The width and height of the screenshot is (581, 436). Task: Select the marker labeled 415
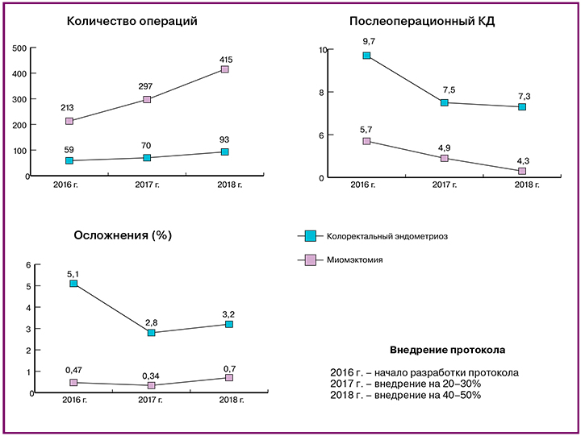[x=224, y=69]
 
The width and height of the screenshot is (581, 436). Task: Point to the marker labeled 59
[x=69, y=160]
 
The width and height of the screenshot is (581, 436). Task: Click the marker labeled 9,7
[x=366, y=56]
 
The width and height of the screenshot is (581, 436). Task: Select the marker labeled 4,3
[x=522, y=171]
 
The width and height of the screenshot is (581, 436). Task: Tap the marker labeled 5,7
[x=366, y=141]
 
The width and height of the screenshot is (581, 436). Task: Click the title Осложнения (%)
[x=123, y=235]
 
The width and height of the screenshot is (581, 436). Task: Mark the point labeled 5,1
[x=73, y=284]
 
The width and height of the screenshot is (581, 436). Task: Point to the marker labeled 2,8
[x=151, y=332]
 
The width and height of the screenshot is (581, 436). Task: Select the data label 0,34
[x=151, y=375]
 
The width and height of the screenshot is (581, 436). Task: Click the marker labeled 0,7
[x=229, y=377]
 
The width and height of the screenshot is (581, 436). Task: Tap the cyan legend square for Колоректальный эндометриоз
[x=310, y=236]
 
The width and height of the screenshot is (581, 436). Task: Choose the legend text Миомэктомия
[x=354, y=260]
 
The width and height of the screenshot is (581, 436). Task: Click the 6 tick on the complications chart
[x=28, y=265]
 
